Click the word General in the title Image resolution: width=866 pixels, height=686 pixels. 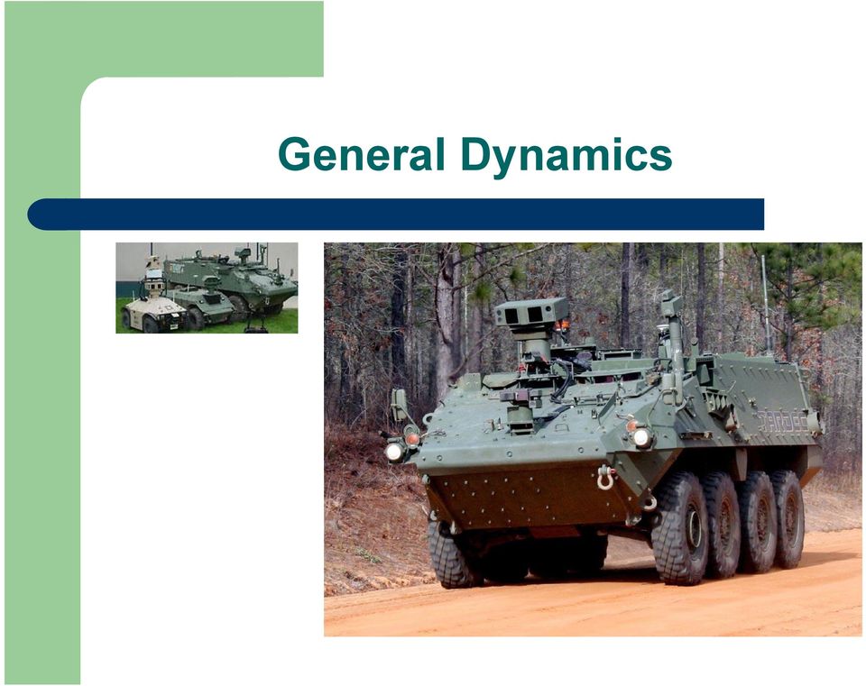pyautogui.click(x=361, y=154)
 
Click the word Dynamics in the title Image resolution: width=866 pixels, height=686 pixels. pyautogui.click(x=567, y=157)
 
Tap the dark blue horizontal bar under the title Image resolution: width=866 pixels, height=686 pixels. pyautogui.click(x=395, y=215)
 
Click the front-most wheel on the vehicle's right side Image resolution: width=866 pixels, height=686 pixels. pyautogui.click(x=679, y=528)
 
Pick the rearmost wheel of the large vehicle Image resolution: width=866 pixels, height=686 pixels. pyautogui.click(x=788, y=518)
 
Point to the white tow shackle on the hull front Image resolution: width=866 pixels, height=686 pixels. pyautogui.click(x=605, y=478)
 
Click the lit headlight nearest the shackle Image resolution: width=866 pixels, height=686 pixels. pyautogui.click(x=641, y=437)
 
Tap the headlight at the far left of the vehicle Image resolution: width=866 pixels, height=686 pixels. pyautogui.click(x=394, y=452)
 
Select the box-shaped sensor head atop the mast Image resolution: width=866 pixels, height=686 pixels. pyautogui.click(x=531, y=313)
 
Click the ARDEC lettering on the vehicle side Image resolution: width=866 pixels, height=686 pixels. pyautogui.click(x=783, y=422)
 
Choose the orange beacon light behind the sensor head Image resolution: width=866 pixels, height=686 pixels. pyautogui.click(x=562, y=325)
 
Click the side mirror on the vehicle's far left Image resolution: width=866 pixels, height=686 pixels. pyautogui.click(x=399, y=404)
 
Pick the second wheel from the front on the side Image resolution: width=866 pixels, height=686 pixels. pyautogui.click(x=722, y=525)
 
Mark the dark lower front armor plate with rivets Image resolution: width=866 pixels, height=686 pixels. pyautogui.click(x=530, y=497)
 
